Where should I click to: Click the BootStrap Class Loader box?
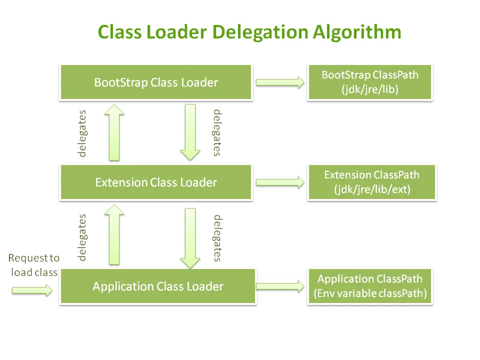coord(156,82)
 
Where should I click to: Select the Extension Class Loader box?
coord(156,182)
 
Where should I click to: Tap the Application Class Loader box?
coord(158,286)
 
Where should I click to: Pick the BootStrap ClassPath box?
coord(370,82)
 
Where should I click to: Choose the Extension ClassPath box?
coord(371,182)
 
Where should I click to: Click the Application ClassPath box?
coord(370,286)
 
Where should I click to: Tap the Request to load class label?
coord(34,265)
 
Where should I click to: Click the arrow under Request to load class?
coord(32,290)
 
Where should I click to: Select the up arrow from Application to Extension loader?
coord(114,234)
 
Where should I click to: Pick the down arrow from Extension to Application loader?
coord(190,238)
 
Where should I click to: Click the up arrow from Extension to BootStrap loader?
coord(114,132)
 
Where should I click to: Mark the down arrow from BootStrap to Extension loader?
coord(190,132)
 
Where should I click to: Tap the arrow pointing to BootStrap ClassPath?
coord(280,82)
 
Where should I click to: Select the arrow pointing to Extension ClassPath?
coord(280,182)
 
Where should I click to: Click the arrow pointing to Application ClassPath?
coord(280,286)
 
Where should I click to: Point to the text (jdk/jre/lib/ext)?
coord(372,189)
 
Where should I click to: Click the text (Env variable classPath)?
coord(370,293)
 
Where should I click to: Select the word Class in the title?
coord(119,32)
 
